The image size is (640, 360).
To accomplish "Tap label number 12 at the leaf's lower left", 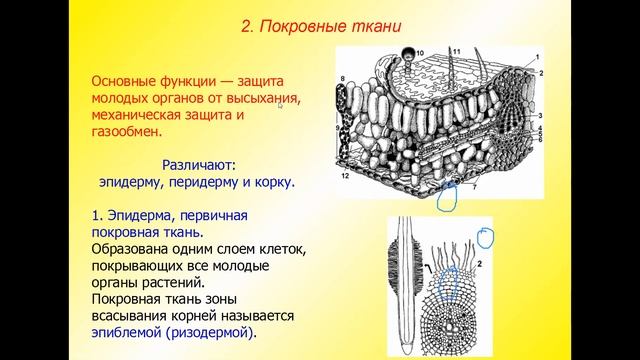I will click(x=343, y=176).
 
